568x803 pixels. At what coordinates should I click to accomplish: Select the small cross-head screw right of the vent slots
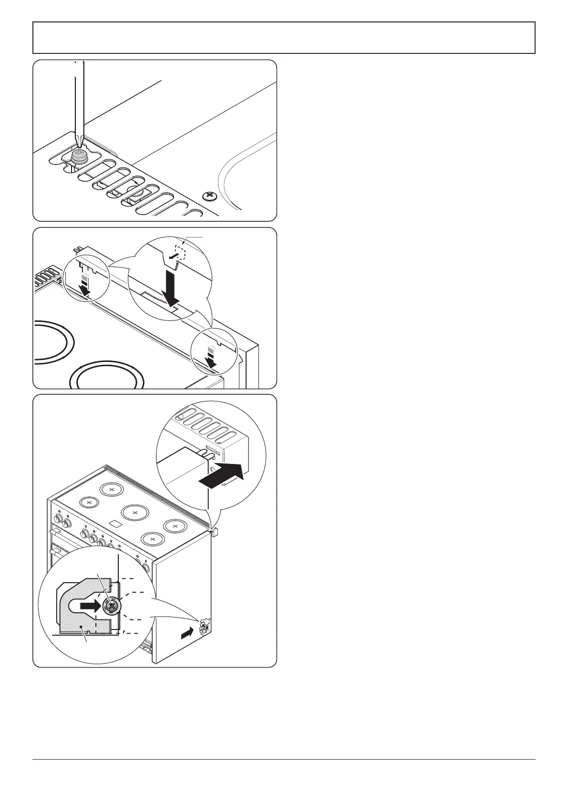click(208, 196)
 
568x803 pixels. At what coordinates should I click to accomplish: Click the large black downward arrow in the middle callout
click(170, 289)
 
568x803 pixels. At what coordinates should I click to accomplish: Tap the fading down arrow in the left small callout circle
click(85, 286)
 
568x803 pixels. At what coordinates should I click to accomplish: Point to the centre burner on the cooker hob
click(135, 513)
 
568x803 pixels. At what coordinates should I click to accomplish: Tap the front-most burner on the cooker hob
click(152, 539)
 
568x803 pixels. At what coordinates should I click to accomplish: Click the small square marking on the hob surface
click(114, 524)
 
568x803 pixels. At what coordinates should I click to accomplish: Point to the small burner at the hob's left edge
click(89, 502)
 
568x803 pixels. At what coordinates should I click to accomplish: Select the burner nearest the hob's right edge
click(175, 526)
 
